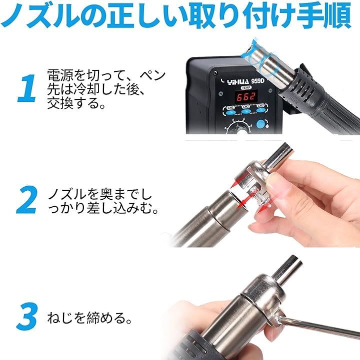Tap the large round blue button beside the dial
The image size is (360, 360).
coord(262,125)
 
